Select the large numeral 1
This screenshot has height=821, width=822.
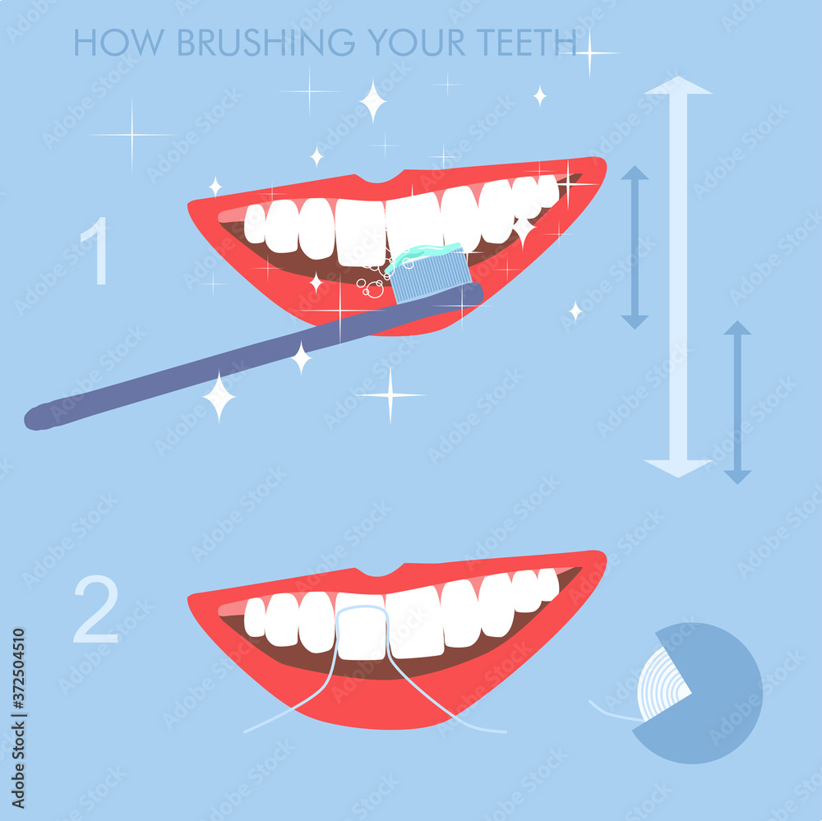[x=96, y=251]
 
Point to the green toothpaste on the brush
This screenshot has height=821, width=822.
[x=423, y=254]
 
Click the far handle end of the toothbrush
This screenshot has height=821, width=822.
[x=37, y=417]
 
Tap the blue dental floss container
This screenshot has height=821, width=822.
[x=715, y=699]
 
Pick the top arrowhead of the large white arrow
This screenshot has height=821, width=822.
[x=678, y=85]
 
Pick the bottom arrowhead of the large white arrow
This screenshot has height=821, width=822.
[x=678, y=468]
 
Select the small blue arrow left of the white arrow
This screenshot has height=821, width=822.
[x=635, y=247]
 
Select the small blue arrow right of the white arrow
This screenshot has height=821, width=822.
[x=737, y=402]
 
